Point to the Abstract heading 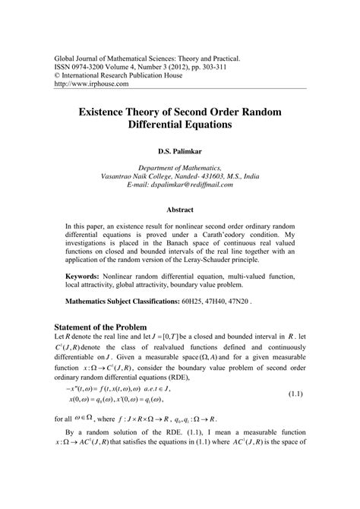pos(180,207)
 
